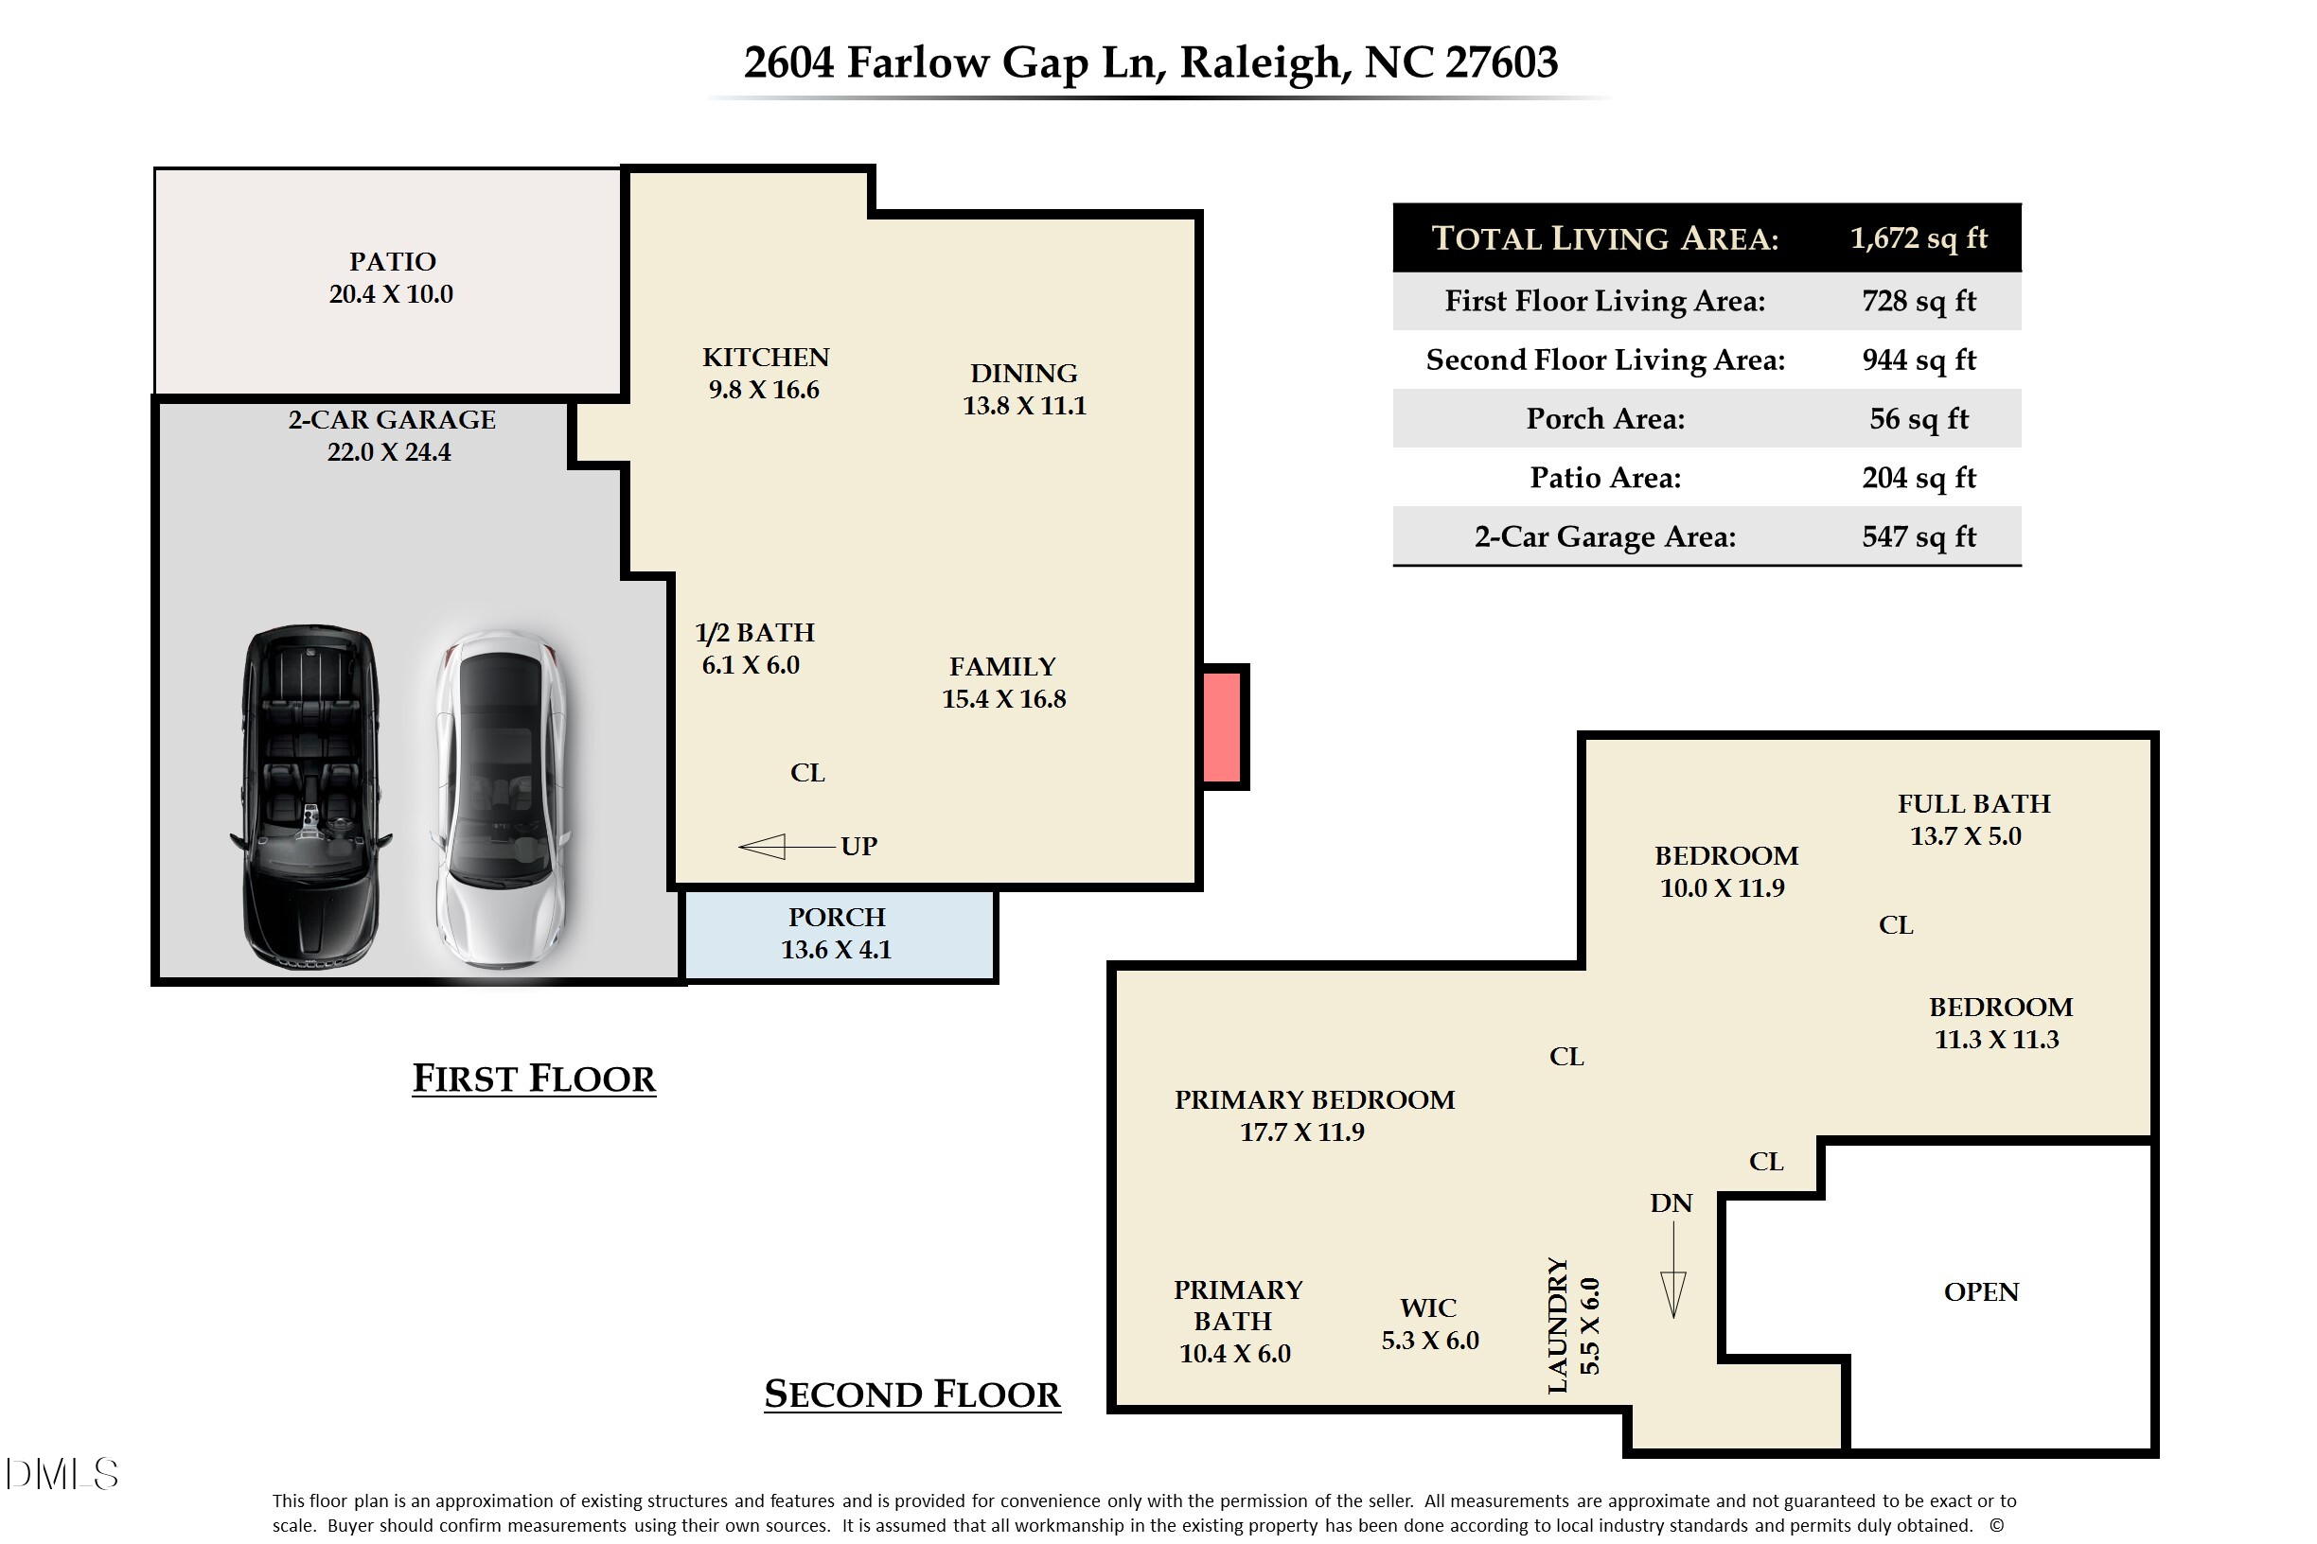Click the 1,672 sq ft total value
(1917, 238)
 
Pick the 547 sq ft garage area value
(1918, 536)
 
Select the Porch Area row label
(1604, 418)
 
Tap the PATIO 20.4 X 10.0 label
(391, 278)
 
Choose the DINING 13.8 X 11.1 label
(1023, 389)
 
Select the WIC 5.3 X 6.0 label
(1429, 1324)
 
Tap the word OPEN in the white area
(1980, 1292)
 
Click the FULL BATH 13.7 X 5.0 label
(1972, 819)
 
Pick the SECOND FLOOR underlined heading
(912, 1395)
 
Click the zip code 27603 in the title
(1501, 62)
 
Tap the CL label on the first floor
(806, 773)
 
